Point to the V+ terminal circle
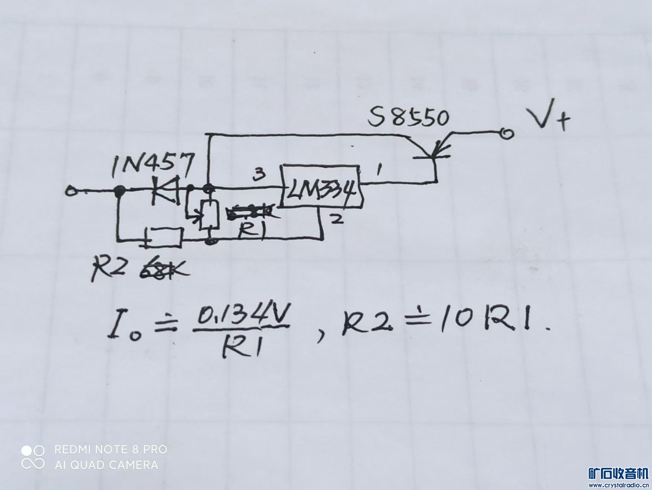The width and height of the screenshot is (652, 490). pyautogui.click(x=507, y=133)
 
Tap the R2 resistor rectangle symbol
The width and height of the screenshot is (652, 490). pyautogui.click(x=165, y=237)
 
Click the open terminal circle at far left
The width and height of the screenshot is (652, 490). pyautogui.click(x=70, y=190)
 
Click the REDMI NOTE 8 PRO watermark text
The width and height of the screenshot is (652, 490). pyautogui.click(x=111, y=449)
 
